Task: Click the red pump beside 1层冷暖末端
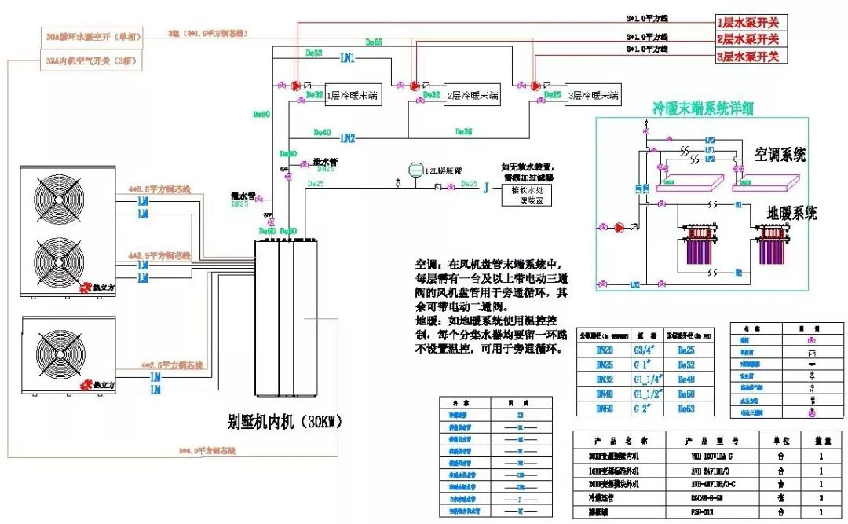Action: click(x=296, y=85)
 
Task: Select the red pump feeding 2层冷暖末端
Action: click(x=415, y=85)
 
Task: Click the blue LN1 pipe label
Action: click(x=347, y=58)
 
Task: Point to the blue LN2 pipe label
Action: click(x=347, y=137)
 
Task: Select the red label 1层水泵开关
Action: click(x=747, y=23)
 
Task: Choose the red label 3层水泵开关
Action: click(x=747, y=57)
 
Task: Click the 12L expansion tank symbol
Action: click(x=415, y=169)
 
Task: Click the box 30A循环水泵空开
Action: click(x=91, y=37)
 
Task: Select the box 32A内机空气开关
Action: click(x=91, y=60)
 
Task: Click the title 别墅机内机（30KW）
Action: click(x=286, y=423)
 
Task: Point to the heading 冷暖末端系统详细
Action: click(x=703, y=108)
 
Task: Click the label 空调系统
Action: click(x=780, y=154)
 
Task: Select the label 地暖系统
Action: click(x=791, y=212)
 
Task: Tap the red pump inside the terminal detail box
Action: click(x=620, y=228)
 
